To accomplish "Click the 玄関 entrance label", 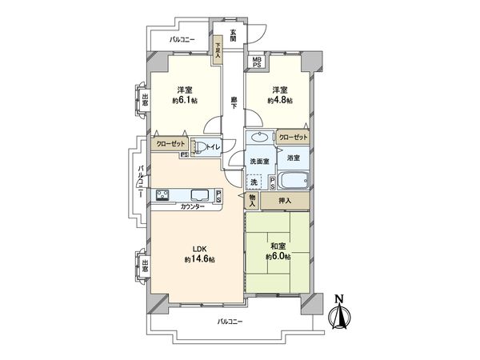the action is point(234,35).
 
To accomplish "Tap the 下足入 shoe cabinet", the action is point(218,50).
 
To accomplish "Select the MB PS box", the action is point(257,62).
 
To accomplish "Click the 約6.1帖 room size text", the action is point(185,100).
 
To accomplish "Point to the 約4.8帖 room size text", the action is point(280,100).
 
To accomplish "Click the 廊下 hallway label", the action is point(234,103).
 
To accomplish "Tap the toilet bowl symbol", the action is point(202,147).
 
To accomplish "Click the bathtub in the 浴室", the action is point(294,181).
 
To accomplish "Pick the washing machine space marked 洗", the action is point(254,182).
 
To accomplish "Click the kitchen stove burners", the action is point(162,195).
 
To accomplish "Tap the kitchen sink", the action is point(200,195).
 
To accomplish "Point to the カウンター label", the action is point(193,207).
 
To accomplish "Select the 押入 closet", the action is point(285,201).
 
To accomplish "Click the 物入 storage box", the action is point(252,201).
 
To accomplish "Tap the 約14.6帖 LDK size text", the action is point(199,259).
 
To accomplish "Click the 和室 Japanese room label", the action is point(278,246).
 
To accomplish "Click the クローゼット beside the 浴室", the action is point(293,138).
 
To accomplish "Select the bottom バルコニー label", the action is point(230,322).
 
